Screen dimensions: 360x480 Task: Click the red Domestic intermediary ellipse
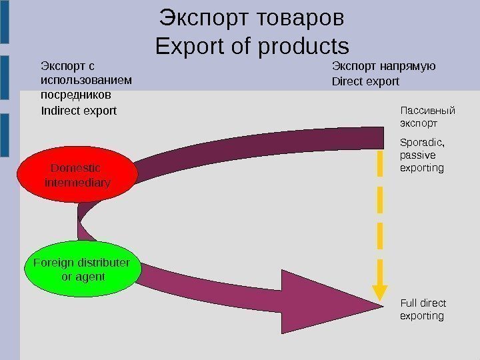pyautogui.click(x=77, y=175)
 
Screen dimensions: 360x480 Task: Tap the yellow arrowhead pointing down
pyautogui.click(x=379, y=293)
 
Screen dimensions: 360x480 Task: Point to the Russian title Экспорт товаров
pyautogui.click(x=252, y=18)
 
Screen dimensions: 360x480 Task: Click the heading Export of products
pyautogui.click(x=252, y=47)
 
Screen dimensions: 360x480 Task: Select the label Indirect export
pyautogui.click(x=79, y=110)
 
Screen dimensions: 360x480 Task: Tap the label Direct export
pyautogui.click(x=365, y=82)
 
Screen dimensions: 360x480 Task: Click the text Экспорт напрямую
pyautogui.click(x=383, y=66)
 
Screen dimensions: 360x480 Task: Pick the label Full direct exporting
pyautogui.click(x=423, y=309)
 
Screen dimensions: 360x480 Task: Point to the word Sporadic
pyautogui.click(x=421, y=142)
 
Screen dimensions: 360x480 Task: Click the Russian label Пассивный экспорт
pyautogui.click(x=427, y=117)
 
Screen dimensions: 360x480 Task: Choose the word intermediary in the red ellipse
pyautogui.click(x=77, y=182)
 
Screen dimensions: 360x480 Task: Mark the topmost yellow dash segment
pyautogui.click(x=379, y=163)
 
